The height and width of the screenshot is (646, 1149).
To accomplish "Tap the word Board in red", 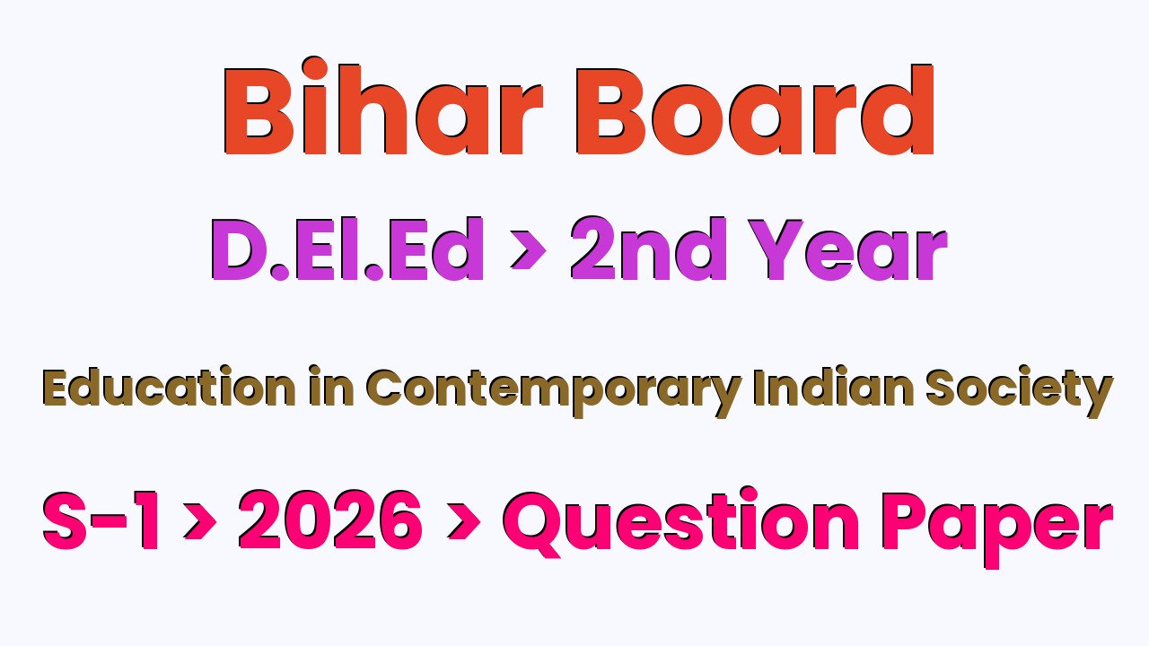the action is (754, 109).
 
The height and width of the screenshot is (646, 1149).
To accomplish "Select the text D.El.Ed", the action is (346, 249).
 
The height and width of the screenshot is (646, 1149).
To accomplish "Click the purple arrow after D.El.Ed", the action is (529, 250).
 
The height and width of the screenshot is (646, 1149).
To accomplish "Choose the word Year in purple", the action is (848, 249).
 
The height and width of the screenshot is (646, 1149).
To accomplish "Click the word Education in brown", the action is (170, 387).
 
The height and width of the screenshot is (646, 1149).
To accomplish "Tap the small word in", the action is (331, 387).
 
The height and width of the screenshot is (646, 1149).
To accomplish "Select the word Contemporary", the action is (554, 391).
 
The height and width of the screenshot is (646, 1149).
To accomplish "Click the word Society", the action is (1019, 391).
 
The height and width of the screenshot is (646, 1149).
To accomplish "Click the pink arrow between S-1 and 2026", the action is (200, 522).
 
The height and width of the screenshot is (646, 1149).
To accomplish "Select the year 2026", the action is (330, 519).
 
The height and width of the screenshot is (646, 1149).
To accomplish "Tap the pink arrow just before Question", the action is (464, 522).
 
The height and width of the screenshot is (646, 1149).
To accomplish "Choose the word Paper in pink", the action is (997, 529).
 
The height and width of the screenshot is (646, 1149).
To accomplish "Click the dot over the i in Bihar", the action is (315, 69).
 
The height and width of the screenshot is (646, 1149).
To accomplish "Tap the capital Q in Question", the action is (535, 523).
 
